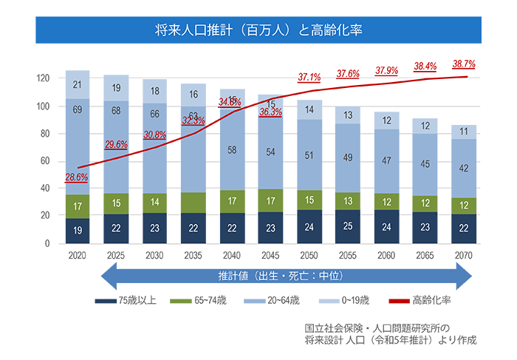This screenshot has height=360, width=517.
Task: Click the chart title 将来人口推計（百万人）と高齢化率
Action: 258,30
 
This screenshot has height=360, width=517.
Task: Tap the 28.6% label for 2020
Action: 77,177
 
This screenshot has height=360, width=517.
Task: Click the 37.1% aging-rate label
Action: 309,77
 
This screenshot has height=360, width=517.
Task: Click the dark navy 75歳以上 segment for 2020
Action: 78,231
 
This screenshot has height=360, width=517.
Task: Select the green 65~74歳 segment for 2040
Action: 232,201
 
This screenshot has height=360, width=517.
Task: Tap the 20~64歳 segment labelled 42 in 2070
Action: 464,168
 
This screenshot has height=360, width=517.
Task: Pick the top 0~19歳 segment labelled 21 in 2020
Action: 78,85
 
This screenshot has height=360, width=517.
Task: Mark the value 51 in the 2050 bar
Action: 309,156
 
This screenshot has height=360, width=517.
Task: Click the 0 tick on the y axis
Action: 47,243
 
